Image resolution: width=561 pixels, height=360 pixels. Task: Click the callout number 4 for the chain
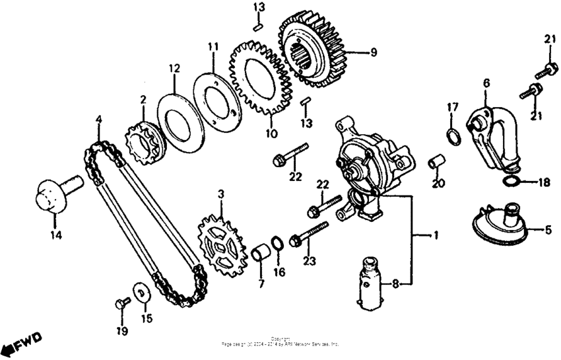(x=98, y=120)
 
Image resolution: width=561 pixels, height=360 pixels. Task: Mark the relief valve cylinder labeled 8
(x=374, y=283)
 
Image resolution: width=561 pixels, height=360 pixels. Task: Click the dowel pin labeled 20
(x=435, y=162)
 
